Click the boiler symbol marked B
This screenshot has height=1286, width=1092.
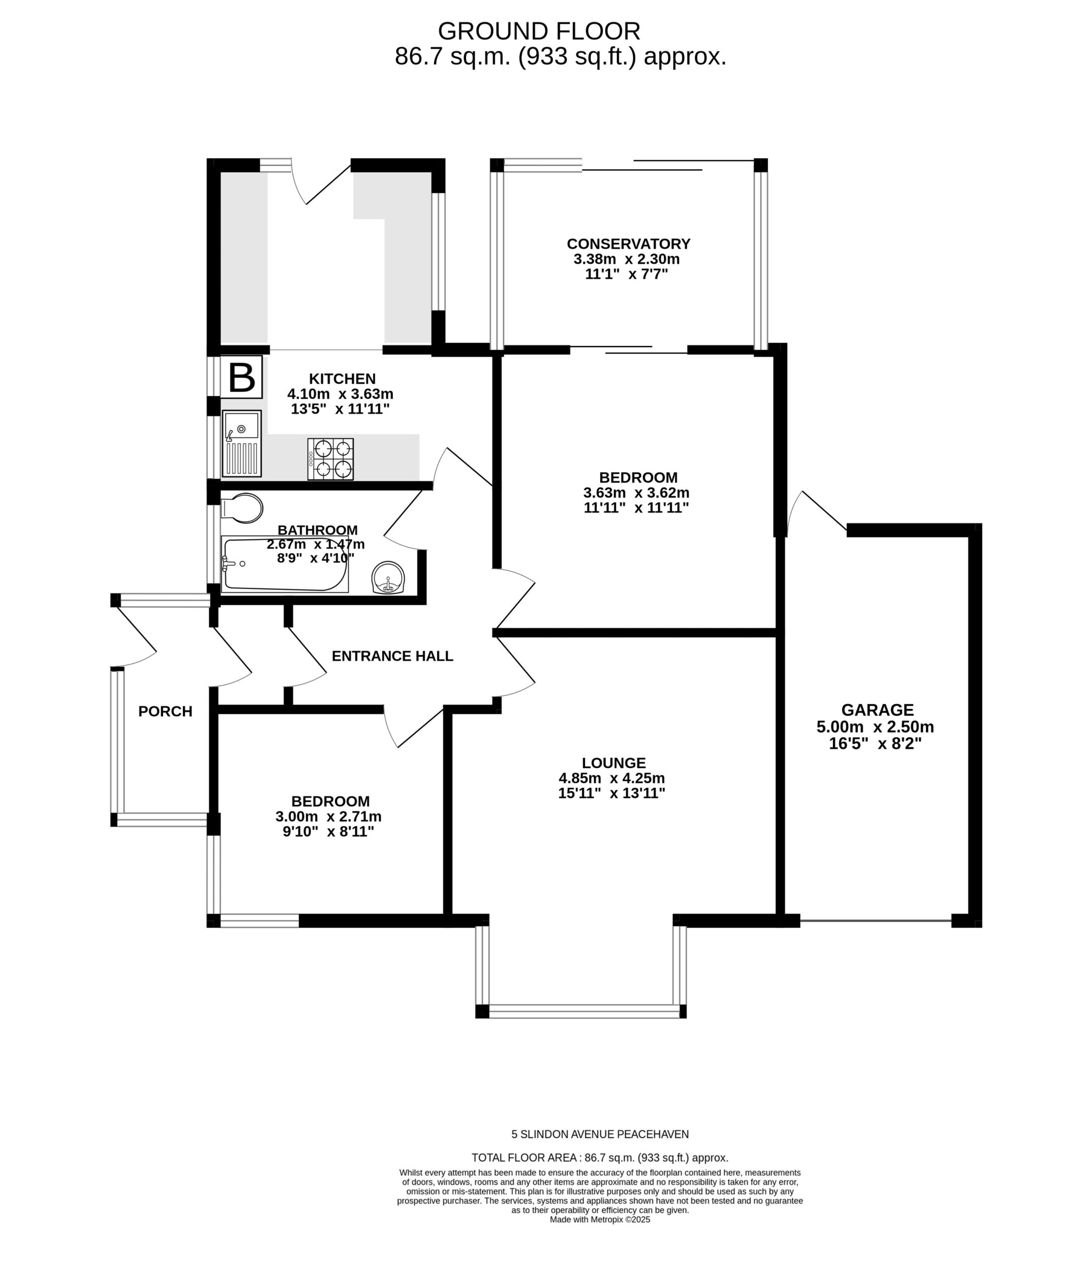(x=242, y=376)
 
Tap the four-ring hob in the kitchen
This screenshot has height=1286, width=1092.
(x=331, y=459)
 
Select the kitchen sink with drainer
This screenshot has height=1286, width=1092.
(x=242, y=444)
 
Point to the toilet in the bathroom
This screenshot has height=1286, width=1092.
(x=242, y=508)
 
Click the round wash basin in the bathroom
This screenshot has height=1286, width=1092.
(x=388, y=578)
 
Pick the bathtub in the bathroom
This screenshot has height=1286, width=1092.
(x=285, y=564)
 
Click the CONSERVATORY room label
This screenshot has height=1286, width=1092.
(x=628, y=244)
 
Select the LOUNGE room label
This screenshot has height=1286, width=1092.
(x=613, y=763)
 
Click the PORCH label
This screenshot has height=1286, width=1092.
(x=165, y=711)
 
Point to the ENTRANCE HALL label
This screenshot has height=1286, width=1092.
(x=392, y=656)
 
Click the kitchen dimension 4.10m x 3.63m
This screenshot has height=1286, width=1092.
(x=341, y=394)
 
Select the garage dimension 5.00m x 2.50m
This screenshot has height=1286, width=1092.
(x=876, y=727)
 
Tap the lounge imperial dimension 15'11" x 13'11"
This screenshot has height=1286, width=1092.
(x=612, y=793)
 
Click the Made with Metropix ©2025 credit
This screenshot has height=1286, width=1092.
(x=600, y=1220)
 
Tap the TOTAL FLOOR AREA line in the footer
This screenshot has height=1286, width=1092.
(x=600, y=1158)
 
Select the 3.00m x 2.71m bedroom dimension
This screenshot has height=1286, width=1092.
(x=329, y=817)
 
